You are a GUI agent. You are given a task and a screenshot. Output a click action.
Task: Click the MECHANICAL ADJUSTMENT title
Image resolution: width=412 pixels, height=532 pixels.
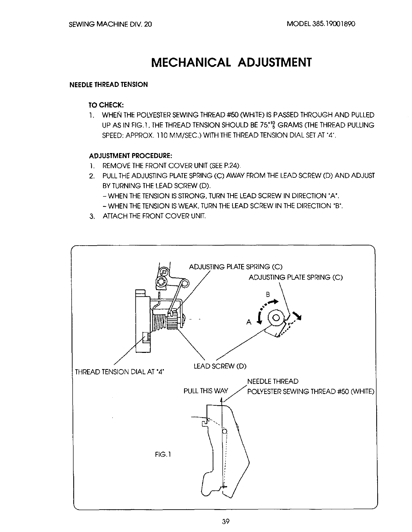coord(231,62)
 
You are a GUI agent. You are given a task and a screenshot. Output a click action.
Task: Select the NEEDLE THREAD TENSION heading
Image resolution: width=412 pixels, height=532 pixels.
coord(108,85)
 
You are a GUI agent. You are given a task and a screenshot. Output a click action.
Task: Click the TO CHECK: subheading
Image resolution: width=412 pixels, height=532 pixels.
coord(106,105)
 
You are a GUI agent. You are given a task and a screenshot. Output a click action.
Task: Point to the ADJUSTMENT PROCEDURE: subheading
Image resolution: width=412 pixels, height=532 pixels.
coord(131,156)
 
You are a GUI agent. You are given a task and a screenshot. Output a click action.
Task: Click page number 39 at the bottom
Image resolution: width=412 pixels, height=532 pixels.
coord(224,521)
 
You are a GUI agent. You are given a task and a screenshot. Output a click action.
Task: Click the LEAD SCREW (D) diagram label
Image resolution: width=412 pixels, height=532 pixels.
coord(220,366)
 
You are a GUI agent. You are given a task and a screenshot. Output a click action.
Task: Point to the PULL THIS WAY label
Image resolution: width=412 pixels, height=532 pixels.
coord(206,391)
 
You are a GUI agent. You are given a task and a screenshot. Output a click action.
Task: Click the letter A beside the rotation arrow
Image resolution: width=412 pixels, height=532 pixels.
coord(248,322)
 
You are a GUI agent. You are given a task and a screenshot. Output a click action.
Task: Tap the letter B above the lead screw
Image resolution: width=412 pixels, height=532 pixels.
coord(268,294)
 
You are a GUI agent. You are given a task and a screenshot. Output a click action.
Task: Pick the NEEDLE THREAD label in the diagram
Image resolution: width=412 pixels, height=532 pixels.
coord(273,381)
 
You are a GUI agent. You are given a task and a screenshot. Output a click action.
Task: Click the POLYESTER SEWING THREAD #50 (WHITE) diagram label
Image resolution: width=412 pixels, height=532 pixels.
coord(310,391)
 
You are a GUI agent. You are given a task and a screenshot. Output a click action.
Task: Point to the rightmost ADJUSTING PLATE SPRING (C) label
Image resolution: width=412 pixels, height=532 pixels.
coord(296,277)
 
